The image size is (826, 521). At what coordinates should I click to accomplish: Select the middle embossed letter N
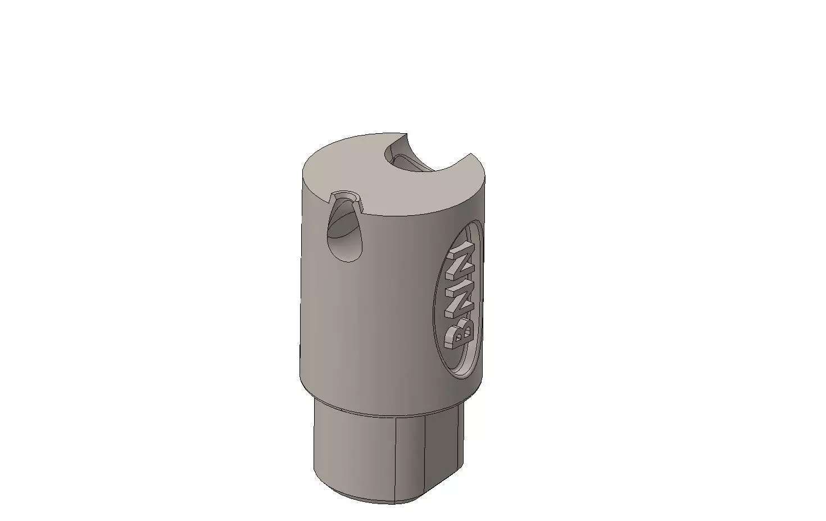(461, 287)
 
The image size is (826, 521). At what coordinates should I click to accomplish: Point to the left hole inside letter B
(458, 338)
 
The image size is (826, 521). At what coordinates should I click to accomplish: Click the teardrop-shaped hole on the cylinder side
(344, 233)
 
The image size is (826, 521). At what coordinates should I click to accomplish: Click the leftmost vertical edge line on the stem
(396, 458)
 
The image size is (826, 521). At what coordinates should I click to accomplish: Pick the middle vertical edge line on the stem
(425, 455)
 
